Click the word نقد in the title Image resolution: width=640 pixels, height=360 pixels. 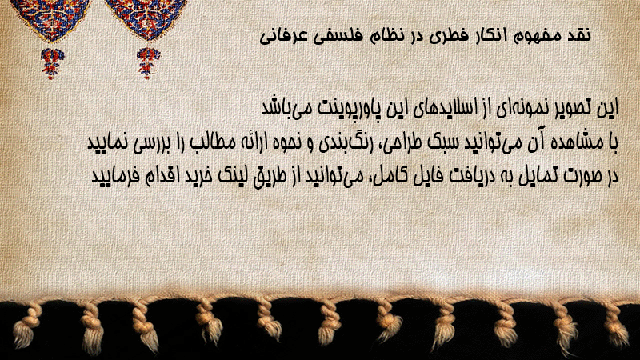point(578,35)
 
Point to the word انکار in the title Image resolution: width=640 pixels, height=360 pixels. point(485,35)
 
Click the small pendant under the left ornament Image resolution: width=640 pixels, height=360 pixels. point(52,62)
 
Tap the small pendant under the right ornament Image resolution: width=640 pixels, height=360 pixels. point(148,62)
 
